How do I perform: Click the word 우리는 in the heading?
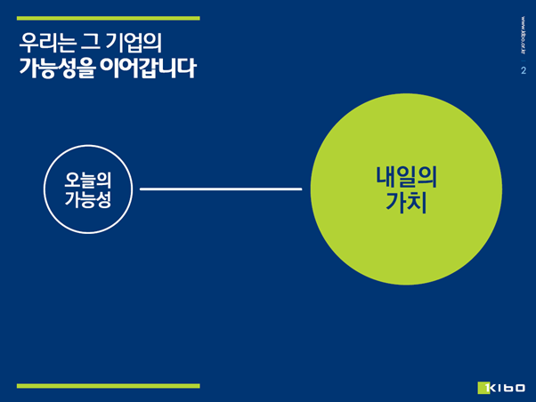47,43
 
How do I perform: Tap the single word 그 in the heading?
90,43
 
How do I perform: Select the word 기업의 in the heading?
134,43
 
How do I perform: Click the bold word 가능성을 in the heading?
57,68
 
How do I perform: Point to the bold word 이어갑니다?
149,68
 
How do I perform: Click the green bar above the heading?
109,18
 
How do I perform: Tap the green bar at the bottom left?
109,386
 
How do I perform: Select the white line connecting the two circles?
221,189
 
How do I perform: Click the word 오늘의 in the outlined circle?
88,180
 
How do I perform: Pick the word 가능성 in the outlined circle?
88,199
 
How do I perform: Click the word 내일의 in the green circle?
406,177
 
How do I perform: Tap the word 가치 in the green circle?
406,203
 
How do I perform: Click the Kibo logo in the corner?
501,388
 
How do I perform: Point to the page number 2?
524,70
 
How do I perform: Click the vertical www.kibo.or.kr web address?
524,36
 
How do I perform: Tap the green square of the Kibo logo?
483,388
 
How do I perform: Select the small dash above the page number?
524,60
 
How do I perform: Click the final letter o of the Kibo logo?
520,388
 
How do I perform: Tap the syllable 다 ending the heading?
189,68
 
